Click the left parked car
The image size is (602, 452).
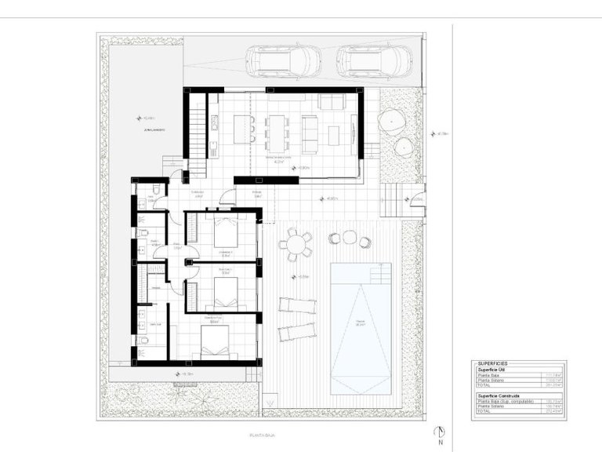point(283,60)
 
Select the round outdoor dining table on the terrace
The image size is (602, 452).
point(295,245)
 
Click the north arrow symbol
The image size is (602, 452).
point(442,432)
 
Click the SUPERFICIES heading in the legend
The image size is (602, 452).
point(492,364)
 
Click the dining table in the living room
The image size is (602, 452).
point(277,132)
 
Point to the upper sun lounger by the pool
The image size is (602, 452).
point(298,304)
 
